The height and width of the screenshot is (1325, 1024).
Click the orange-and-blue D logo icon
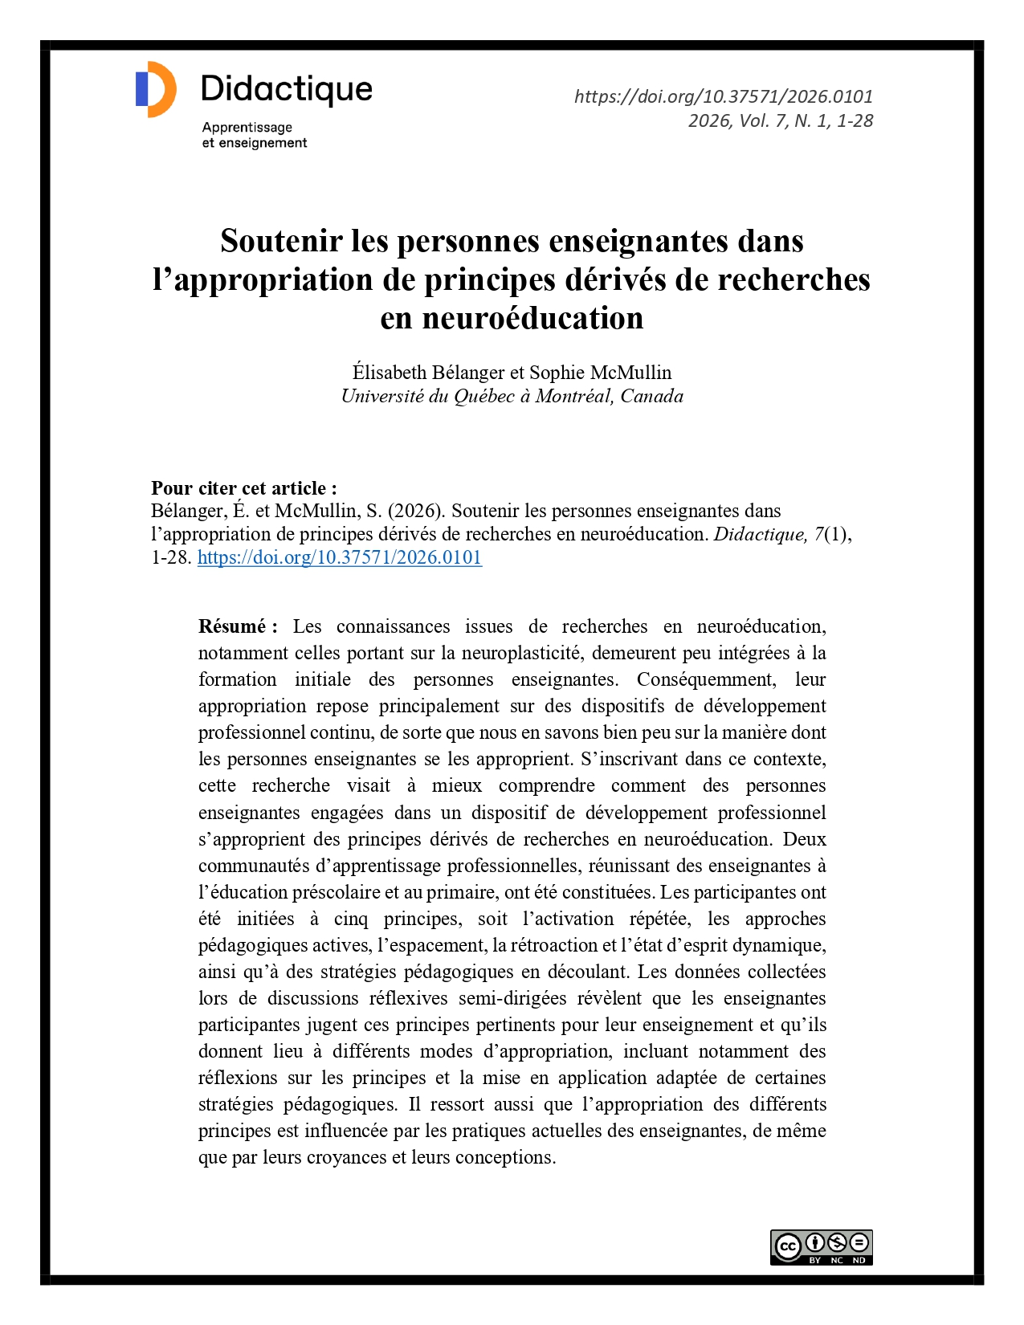(x=156, y=89)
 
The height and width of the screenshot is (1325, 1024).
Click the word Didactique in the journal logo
(x=287, y=89)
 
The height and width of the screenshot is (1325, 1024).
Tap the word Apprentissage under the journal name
(x=247, y=127)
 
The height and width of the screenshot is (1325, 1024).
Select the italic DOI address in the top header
(x=723, y=96)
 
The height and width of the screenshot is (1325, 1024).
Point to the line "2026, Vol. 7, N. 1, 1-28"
(x=780, y=120)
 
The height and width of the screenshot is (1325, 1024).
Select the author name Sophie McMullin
(x=600, y=373)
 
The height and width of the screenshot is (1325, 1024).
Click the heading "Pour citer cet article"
(x=243, y=488)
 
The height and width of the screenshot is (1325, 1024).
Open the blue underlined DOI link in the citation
(x=340, y=557)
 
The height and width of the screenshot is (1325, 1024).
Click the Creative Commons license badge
(x=821, y=1247)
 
